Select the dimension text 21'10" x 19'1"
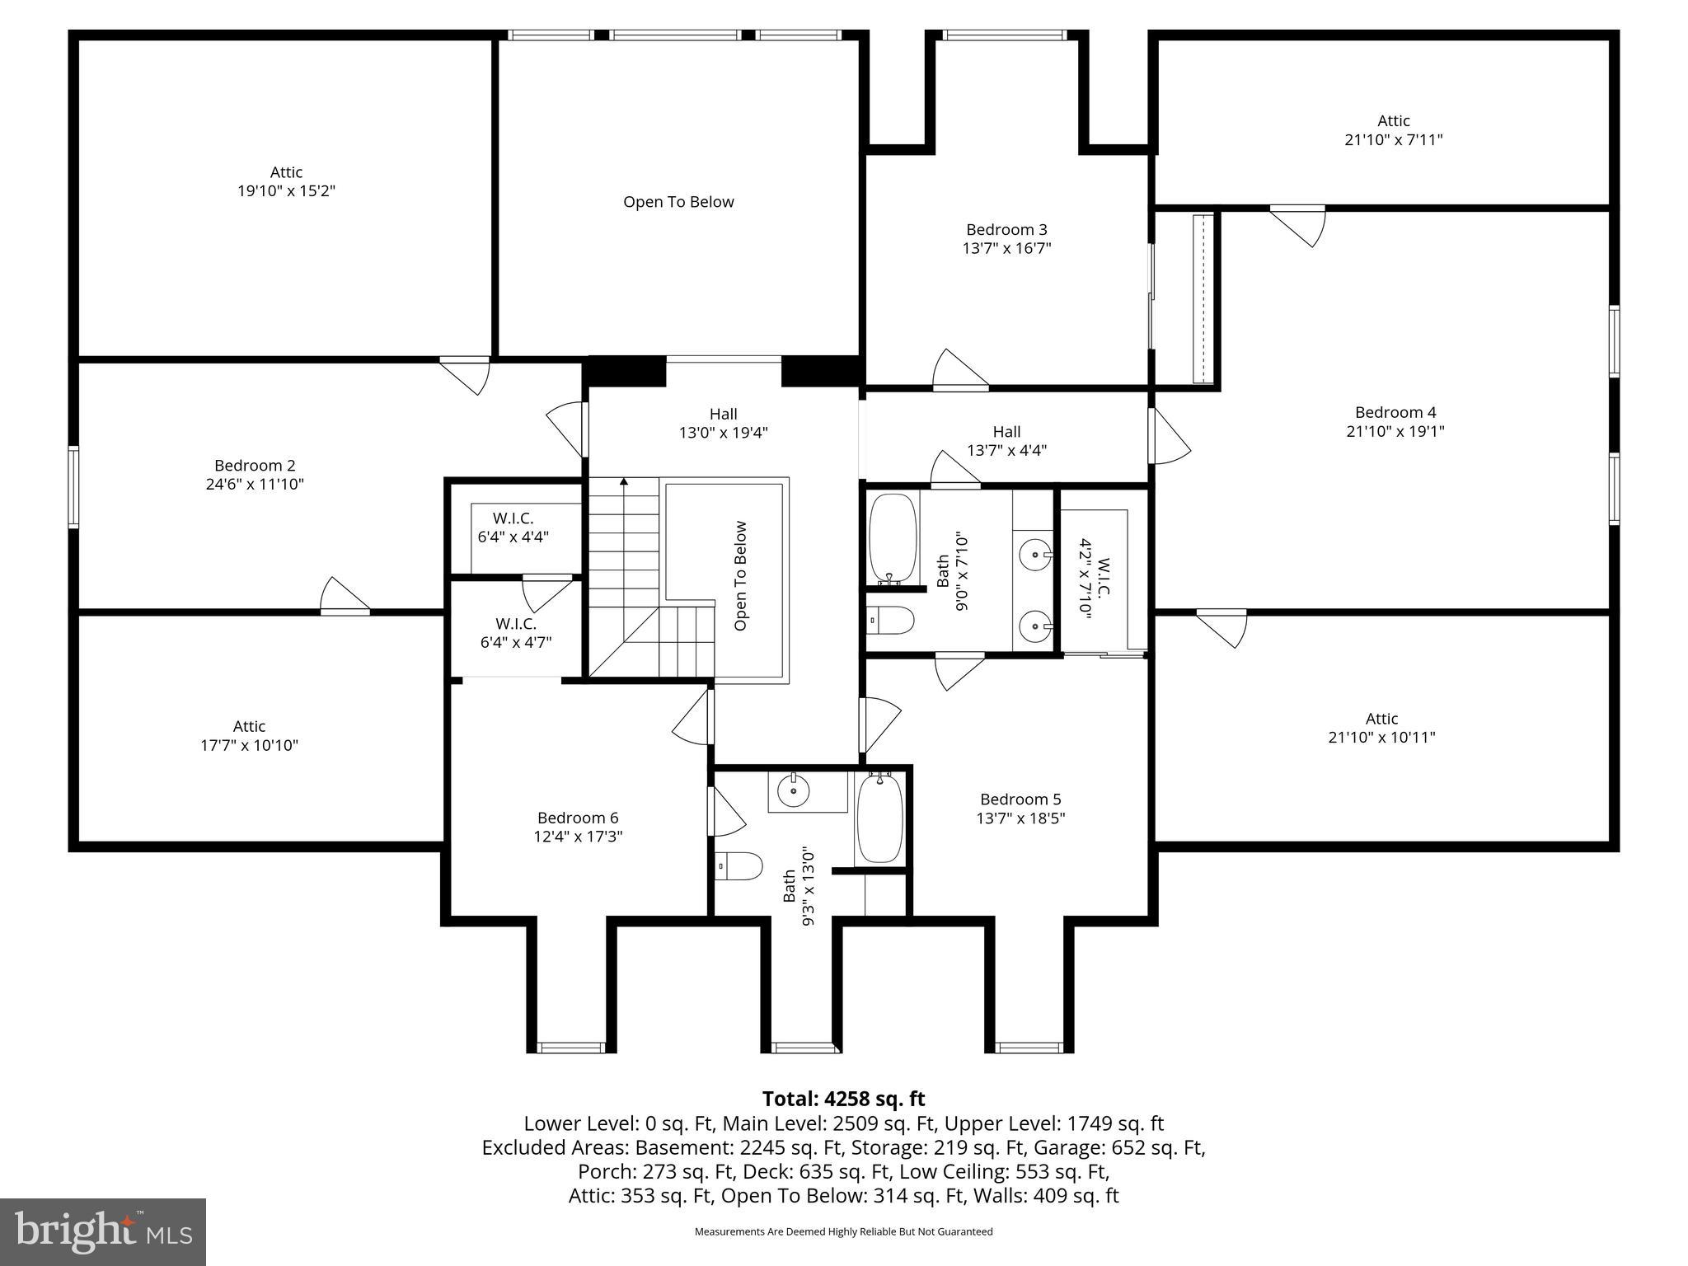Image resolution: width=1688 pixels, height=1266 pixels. point(1395,431)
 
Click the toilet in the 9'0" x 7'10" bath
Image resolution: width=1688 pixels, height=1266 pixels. point(892,621)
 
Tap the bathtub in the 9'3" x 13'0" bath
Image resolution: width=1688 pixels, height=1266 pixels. point(880,819)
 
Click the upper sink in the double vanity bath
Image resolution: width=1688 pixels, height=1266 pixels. point(1034,556)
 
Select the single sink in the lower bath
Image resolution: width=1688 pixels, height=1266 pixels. point(794,792)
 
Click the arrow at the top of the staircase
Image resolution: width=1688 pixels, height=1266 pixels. point(624,482)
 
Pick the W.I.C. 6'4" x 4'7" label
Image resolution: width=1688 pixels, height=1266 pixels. point(516,633)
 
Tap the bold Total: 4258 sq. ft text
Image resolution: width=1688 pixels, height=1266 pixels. point(843,1099)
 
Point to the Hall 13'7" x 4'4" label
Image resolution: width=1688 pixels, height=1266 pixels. point(1006,441)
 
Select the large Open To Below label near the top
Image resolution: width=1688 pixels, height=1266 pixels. point(678,202)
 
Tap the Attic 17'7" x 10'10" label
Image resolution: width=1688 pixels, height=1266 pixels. point(249,736)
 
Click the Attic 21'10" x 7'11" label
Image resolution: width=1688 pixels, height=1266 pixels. point(1393,130)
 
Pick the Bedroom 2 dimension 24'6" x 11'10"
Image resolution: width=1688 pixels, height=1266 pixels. point(255,485)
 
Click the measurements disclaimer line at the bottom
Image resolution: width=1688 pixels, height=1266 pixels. point(843,1231)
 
